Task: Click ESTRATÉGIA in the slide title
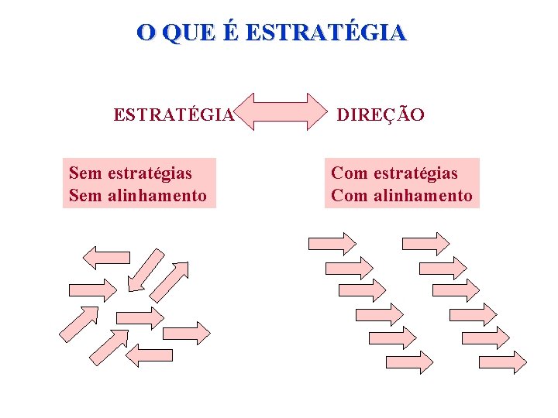[329, 33]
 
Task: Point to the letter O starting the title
[145, 33]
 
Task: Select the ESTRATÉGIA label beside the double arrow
[173, 115]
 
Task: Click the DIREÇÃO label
[381, 115]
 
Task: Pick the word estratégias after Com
[415, 173]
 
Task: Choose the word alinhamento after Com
[423, 195]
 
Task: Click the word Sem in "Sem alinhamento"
[85, 195]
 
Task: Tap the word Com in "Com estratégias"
[350, 173]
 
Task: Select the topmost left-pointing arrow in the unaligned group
[106, 257]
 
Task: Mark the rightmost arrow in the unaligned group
[188, 333]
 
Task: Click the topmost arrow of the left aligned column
[332, 243]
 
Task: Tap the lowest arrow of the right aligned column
[502, 362]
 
